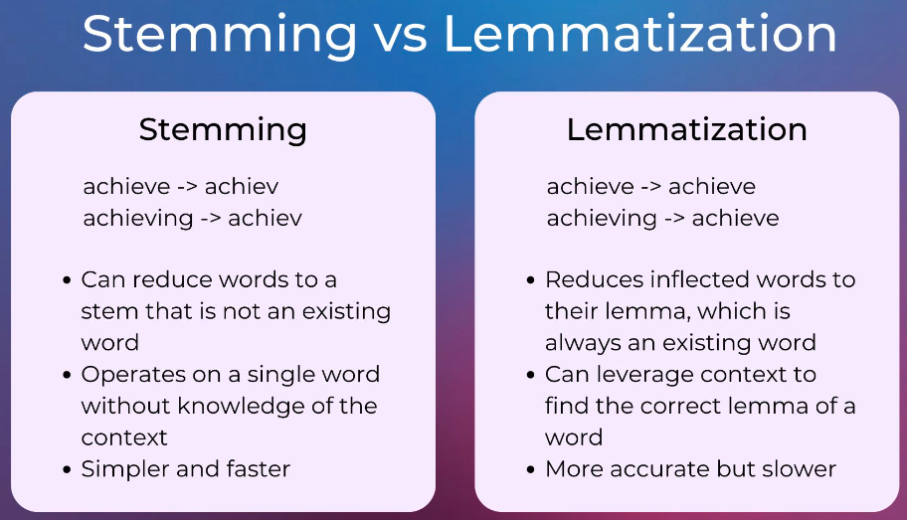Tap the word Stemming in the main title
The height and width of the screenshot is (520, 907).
(x=220, y=35)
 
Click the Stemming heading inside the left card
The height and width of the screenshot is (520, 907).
(x=223, y=129)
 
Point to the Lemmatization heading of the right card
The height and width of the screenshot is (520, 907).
(x=686, y=129)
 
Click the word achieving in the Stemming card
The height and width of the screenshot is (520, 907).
(x=138, y=219)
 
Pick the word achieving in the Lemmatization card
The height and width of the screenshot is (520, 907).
(x=602, y=219)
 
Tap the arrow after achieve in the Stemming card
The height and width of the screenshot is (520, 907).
(x=187, y=187)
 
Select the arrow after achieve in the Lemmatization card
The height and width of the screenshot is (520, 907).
(x=651, y=187)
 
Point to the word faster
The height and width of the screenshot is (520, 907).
(x=258, y=468)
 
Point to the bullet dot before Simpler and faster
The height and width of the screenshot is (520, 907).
(x=67, y=469)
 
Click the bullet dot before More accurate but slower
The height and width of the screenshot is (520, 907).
(x=531, y=469)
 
